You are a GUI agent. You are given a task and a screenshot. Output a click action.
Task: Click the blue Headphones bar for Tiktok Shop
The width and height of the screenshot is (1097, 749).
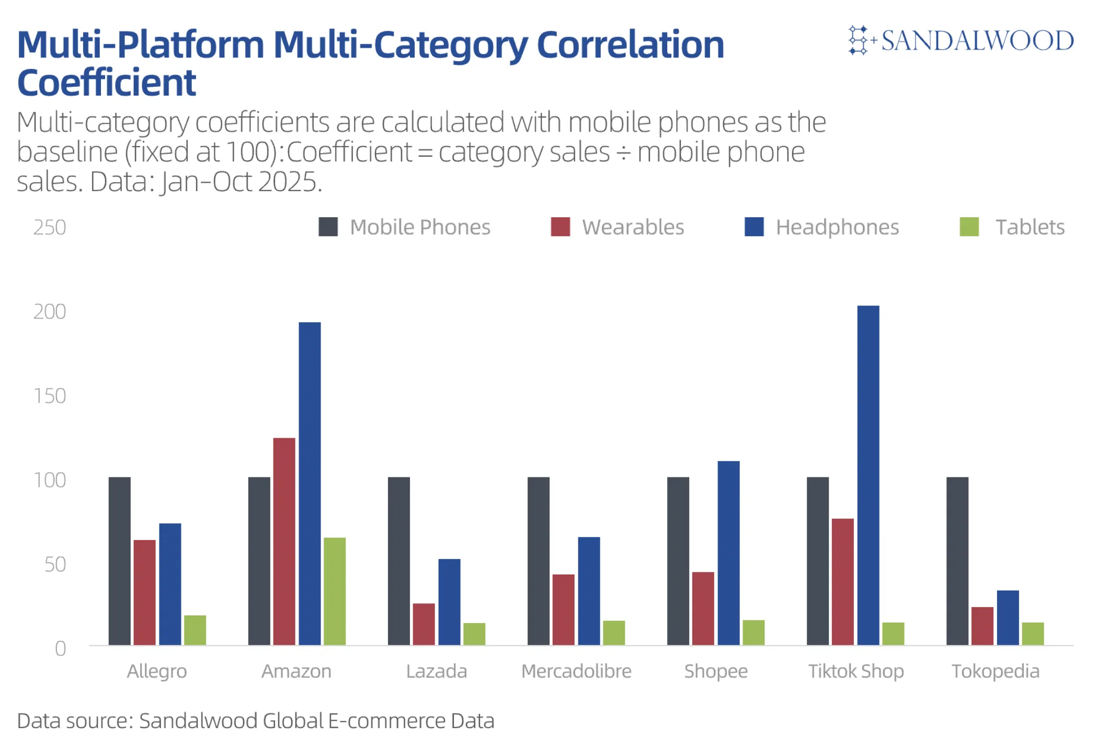[x=868, y=475]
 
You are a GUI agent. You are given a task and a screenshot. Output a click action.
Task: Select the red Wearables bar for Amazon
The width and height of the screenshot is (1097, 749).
[x=284, y=541]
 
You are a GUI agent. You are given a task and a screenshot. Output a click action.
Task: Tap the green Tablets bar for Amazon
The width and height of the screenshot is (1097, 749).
[x=335, y=591]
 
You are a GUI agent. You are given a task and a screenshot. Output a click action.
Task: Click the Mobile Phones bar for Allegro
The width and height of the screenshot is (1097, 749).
[x=120, y=561]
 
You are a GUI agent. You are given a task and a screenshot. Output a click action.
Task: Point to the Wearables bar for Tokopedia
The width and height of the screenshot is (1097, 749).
[x=982, y=626]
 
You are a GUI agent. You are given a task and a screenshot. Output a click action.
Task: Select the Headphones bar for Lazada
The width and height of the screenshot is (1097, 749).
[x=449, y=602]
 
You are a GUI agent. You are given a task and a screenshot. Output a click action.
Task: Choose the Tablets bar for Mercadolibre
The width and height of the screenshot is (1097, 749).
[x=614, y=633]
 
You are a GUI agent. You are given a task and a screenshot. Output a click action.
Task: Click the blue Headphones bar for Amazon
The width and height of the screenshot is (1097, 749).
[x=310, y=484]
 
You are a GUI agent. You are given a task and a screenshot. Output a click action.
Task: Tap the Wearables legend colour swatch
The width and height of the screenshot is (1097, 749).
[x=560, y=227]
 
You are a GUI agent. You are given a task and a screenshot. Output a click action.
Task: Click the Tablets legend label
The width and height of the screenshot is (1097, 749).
[x=1030, y=227]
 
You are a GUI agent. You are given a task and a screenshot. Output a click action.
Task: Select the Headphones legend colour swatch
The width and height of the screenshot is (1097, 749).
[x=753, y=227]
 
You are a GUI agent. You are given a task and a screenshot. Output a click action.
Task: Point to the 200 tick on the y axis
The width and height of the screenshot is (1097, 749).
[x=50, y=312]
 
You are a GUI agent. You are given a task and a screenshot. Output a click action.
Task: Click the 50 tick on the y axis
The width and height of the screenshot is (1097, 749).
[x=55, y=565]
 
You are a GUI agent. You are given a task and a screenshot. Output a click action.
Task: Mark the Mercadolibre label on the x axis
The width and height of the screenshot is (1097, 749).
[x=576, y=671]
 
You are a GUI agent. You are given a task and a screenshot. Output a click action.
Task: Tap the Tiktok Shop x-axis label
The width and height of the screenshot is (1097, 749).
[x=856, y=671]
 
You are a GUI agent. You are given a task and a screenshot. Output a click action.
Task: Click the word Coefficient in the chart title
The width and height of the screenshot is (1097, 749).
[x=107, y=83]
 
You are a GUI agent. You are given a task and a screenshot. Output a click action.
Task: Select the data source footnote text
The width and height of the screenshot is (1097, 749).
[x=256, y=721]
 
